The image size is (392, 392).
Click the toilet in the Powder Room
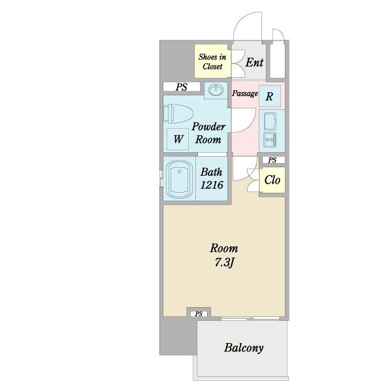(178, 114)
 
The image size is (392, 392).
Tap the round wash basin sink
(216, 90)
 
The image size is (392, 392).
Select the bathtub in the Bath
(179, 179)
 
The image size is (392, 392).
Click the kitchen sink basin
(270, 122)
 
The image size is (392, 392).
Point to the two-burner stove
(270, 140)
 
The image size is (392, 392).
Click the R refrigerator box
(269, 96)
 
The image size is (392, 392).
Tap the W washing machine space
(178, 139)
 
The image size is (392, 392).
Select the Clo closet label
(272, 180)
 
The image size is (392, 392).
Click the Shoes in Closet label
(212, 62)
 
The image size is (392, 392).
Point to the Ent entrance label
(254, 63)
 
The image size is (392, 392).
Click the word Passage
(245, 93)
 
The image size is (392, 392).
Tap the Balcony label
(244, 348)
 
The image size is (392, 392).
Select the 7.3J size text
(224, 263)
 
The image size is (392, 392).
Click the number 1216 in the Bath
(212, 185)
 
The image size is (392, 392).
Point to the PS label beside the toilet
(182, 87)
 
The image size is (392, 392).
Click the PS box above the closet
(272, 160)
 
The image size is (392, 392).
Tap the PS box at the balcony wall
(199, 314)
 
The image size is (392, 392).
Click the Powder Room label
(208, 133)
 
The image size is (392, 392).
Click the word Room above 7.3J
(224, 248)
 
